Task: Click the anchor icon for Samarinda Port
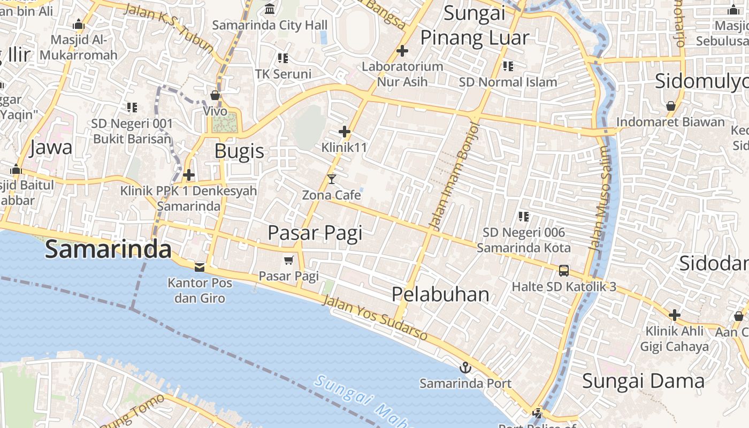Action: click(465, 368)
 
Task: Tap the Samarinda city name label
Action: click(108, 250)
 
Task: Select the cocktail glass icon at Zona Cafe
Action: click(332, 179)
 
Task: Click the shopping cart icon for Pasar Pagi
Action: click(289, 260)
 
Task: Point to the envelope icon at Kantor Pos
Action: click(200, 266)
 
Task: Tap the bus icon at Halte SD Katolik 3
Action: click(564, 271)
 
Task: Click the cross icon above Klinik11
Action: click(345, 131)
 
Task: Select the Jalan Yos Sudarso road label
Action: click(374, 318)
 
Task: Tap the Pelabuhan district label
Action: click(440, 294)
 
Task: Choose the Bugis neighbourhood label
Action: click(239, 151)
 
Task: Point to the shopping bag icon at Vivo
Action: click(215, 96)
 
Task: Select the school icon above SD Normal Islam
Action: click(508, 66)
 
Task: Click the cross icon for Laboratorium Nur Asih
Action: click(402, 51)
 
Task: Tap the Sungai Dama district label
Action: click(643, 381)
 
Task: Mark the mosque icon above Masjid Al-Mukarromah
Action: click(79, 24)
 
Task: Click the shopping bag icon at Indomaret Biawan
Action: click(671, 106)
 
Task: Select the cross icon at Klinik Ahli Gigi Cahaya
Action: click(675, 315)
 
